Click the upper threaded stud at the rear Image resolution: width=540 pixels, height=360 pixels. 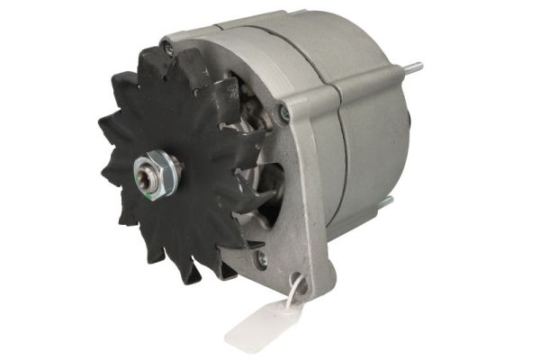coord(415,65)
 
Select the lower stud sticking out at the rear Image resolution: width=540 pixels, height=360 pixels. coord(387,203)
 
